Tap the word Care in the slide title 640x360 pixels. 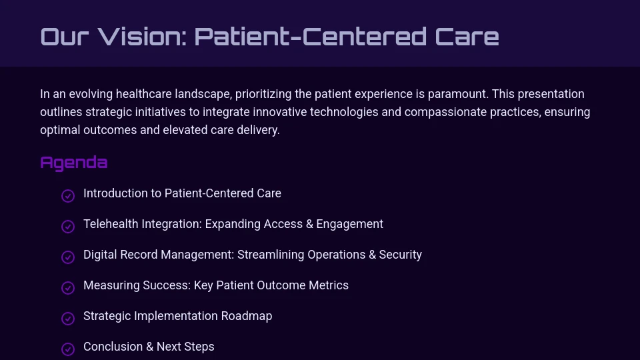click(467, 37)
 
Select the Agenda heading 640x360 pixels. click(73, 163)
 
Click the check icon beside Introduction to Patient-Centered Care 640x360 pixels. click(67, 195)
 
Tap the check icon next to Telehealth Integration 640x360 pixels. click(67, 226)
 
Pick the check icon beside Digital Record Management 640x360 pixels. click(67, 257)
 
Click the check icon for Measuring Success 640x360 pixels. click(67, 287)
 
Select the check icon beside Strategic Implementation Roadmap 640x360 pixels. click(67, 318)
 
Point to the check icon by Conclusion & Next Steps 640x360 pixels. click(67, 349)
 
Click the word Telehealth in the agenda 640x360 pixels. click(110, 224)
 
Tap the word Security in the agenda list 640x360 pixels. click(400, 255)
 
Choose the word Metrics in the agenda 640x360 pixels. click(328, 285)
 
